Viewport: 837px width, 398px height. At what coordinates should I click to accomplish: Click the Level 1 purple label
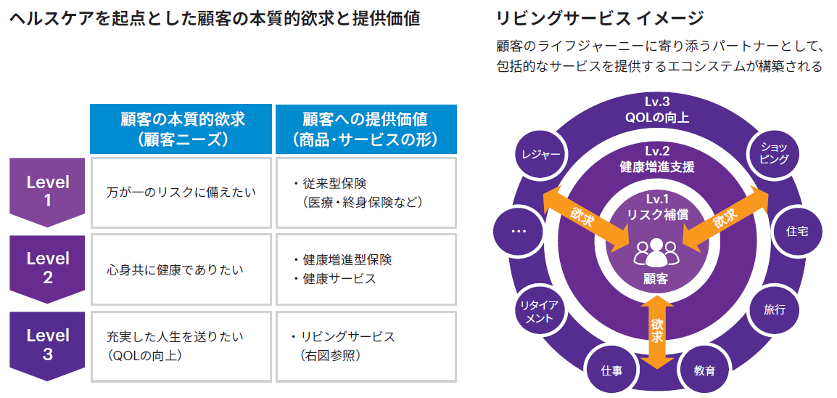48,192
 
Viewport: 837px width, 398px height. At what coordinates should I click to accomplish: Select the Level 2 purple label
48,267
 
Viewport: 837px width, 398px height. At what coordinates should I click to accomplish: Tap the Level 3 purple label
48,345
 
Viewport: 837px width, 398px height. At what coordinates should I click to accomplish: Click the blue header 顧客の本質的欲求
182,129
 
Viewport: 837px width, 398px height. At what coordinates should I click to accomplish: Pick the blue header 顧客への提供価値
366,129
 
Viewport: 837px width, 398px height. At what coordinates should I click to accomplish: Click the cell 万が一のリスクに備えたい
182,192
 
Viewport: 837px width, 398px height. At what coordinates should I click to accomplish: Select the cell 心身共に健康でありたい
182,269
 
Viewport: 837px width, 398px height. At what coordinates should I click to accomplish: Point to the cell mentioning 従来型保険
366,192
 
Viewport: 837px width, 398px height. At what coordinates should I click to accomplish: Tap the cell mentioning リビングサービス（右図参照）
366,346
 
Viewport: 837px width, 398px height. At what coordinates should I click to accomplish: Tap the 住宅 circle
797,231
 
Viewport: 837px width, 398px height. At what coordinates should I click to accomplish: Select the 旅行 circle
774,309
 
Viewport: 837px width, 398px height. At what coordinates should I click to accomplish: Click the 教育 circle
704,370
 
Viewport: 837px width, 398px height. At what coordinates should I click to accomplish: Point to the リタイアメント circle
538,311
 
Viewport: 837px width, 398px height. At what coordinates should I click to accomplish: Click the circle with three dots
518,231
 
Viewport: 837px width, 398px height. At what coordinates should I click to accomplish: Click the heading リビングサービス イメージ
600,17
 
